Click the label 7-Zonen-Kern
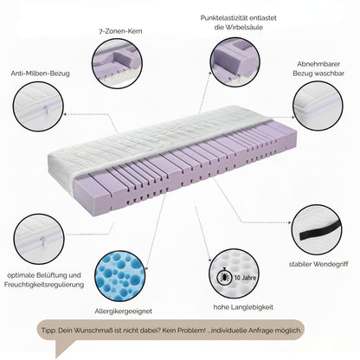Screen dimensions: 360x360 [120, 31]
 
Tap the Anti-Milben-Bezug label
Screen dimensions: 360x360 [41, 74]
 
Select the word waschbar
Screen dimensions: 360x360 [330, 74]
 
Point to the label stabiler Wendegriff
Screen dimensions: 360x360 [318, 264]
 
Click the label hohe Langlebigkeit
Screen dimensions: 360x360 [243, 307]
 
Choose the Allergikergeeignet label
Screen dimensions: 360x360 [123, 312]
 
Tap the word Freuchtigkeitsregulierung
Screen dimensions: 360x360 [44, 285]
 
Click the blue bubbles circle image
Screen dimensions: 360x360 [119, 276]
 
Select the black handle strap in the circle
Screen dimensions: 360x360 [320, 231]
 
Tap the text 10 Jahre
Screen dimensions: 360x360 [245, 278]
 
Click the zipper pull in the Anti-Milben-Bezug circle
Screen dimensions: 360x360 [45, 109]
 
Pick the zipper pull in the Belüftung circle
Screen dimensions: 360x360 [42, 241]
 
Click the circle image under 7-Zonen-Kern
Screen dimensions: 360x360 [117, 63]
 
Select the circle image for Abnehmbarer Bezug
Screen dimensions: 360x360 [318, 106]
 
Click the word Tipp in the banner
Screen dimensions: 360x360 [48, 331]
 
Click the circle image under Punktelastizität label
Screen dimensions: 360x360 [235, 61]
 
